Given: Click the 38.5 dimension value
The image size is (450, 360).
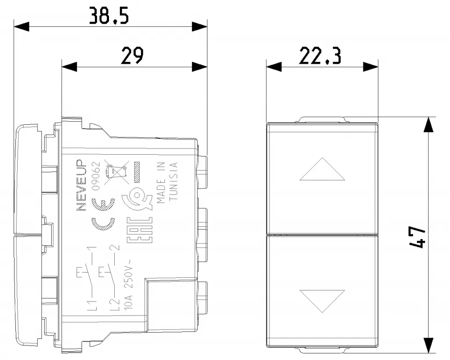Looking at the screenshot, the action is point(109,15).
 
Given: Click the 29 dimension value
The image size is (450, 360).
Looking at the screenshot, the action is point(132,56).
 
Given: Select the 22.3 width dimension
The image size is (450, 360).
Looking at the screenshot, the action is point(320,56).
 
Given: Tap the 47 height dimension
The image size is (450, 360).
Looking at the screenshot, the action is point(417,237).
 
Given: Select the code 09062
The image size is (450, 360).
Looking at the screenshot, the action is point(96,176).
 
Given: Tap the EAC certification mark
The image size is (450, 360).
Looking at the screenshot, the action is point(140,230).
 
